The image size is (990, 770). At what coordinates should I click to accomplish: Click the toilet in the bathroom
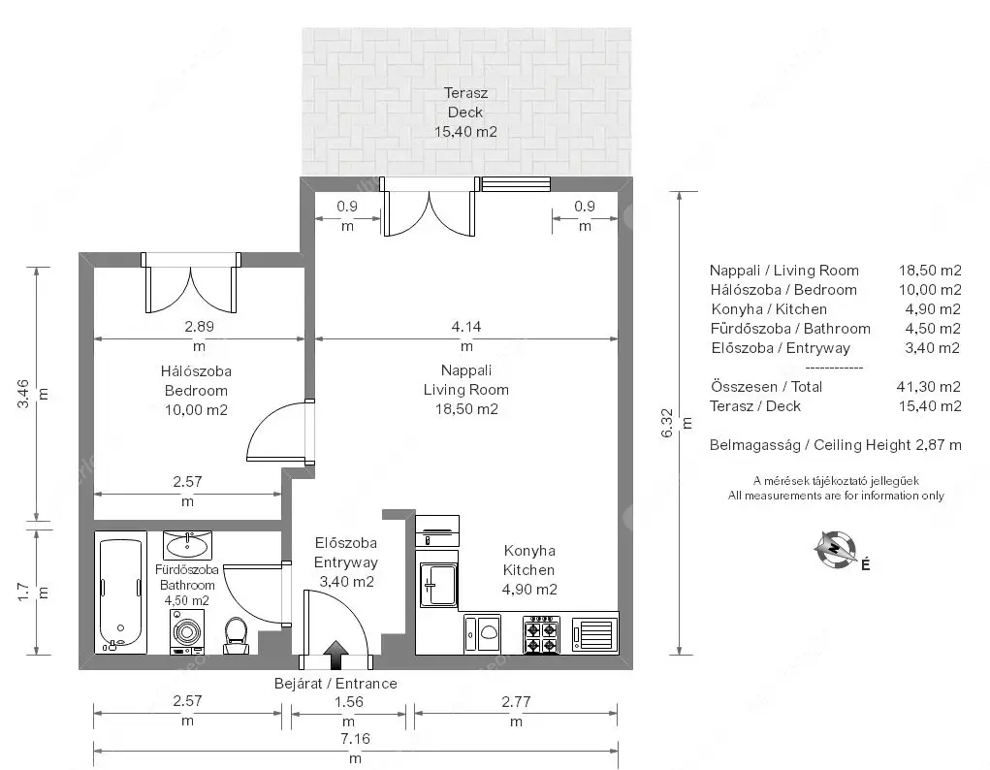(237, 635)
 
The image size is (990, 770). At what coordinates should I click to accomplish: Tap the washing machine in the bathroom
(187, 631)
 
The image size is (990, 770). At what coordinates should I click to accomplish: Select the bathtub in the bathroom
(120, 593)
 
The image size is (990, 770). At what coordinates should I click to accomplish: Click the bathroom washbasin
(187, 545)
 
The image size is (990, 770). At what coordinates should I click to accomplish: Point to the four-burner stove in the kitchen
(542, 634)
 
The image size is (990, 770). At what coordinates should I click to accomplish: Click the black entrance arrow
(336, 655)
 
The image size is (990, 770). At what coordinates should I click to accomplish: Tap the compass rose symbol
(835, 549)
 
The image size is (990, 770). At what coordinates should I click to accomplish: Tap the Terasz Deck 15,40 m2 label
(466, 112)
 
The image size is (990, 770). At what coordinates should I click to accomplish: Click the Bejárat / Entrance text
(335, 684)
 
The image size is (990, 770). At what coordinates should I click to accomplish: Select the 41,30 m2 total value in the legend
(929, 387)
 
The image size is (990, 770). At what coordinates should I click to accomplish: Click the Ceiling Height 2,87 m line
(835, 445)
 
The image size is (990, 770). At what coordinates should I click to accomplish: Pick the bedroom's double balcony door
(191, 282)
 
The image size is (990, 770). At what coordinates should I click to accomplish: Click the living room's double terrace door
(430, 207)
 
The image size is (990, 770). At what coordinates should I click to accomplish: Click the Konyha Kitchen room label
(529, 561)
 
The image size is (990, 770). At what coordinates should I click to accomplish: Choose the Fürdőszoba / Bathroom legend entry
(790, 329)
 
